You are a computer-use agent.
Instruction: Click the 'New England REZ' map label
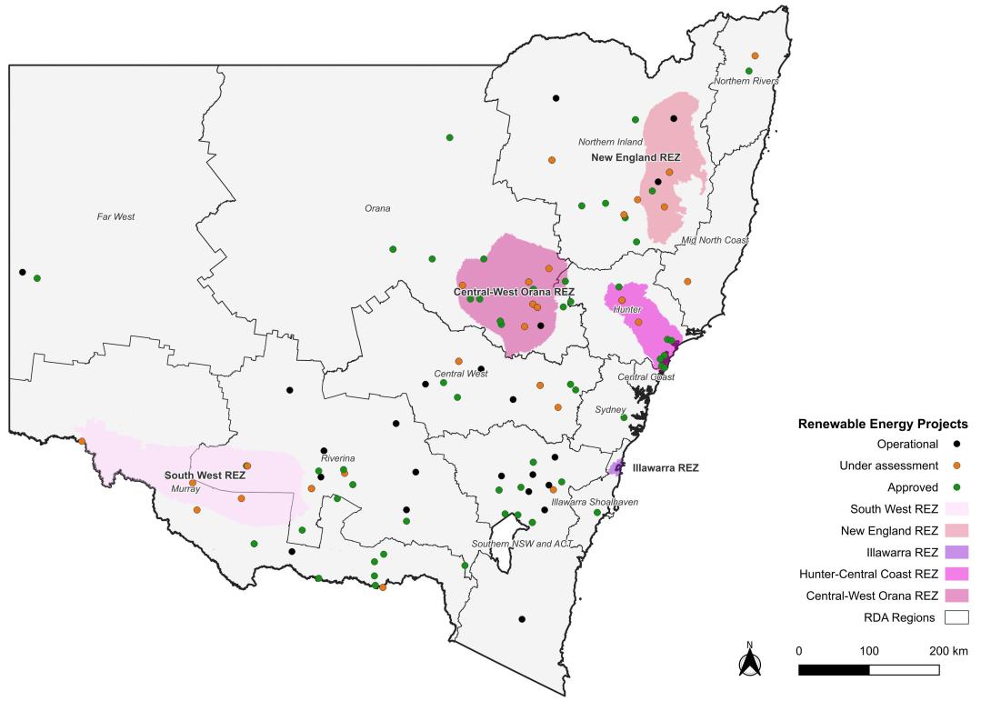point(636,157)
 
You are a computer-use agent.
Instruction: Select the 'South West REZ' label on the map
point(205,476)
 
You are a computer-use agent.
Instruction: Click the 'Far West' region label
point(115,217)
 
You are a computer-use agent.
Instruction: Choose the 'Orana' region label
point(377,208)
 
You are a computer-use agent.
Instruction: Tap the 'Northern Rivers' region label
point(746,82)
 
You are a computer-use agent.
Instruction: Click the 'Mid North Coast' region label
point(715,240)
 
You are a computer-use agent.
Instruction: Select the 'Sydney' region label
point(610,410)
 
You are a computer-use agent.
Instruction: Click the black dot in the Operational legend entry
point(956,445)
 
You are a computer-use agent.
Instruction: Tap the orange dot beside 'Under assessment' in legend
point(956,466)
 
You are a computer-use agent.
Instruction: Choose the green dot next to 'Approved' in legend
point(956,487)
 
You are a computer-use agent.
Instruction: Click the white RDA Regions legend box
point(956,617)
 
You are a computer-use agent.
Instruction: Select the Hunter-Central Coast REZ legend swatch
point(956,574)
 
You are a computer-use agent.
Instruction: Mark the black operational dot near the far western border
point(22,272)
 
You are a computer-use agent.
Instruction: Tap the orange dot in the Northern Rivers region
point(755,56)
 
